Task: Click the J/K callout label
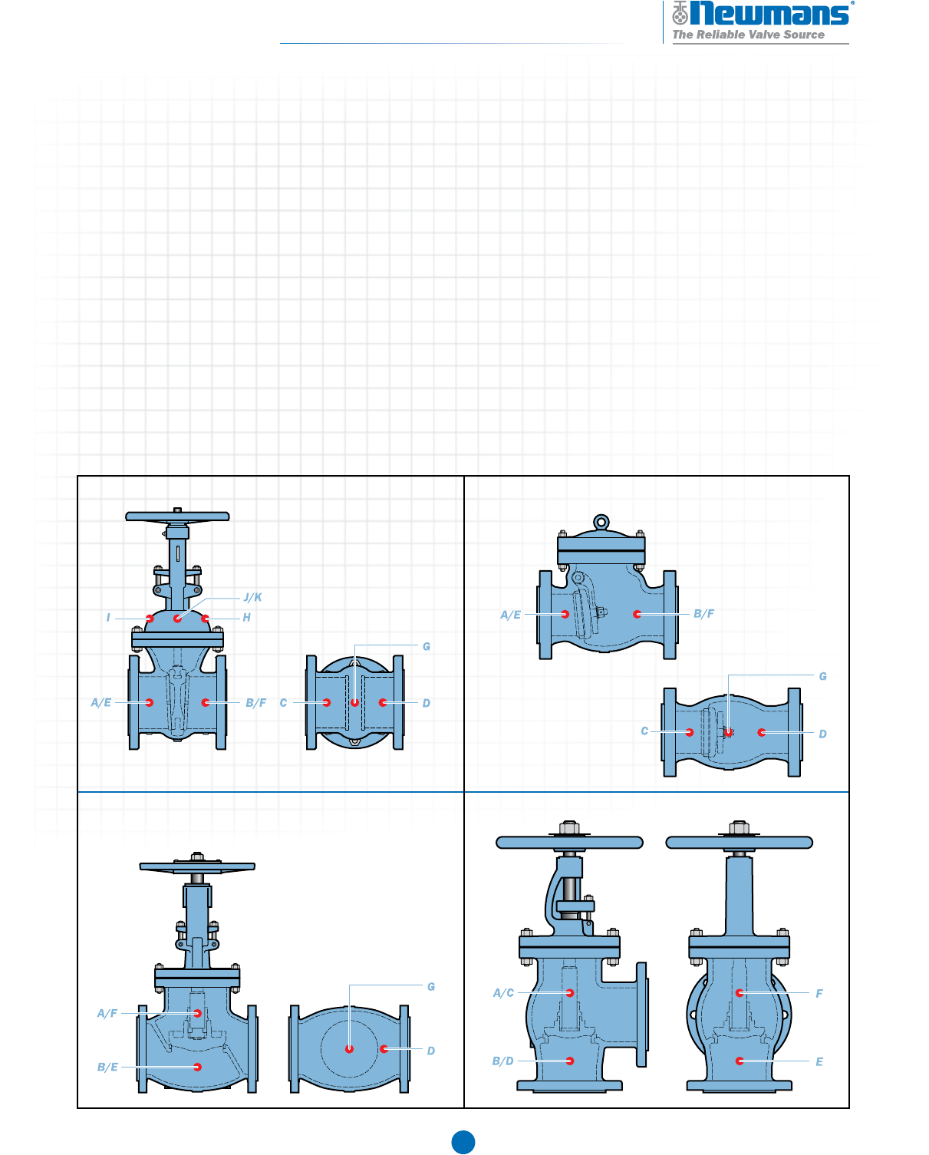252,597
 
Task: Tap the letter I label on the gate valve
108,618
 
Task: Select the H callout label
246,618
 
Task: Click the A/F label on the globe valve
107,1013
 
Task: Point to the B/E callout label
107,1067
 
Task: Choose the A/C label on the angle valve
503,993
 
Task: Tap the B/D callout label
503,1061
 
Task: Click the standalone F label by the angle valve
819,993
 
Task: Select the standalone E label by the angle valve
819,1061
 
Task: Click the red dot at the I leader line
150,619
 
